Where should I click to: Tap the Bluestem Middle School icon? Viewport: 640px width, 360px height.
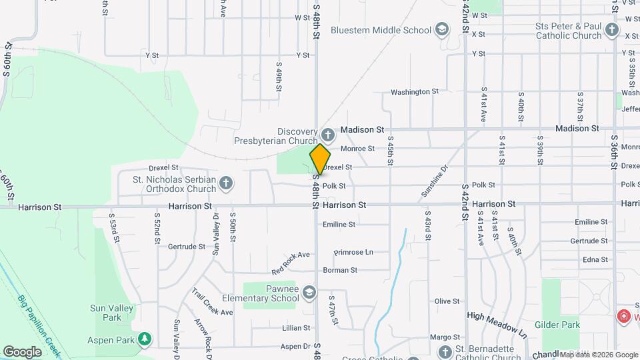[x=441, y=29]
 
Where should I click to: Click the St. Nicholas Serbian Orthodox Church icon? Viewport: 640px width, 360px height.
[x=226, y=183]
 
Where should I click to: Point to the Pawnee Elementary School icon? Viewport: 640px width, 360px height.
[x=309, y=292]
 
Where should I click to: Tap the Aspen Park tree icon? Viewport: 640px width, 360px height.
[x=144, y=339]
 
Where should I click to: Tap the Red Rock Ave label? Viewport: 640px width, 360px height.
[x=291, y=263]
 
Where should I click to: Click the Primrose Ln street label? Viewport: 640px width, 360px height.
[x=353, y=252]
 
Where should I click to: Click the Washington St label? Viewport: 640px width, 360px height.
[x=414, y=91]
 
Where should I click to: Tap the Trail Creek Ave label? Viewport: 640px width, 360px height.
[x=213, y=302]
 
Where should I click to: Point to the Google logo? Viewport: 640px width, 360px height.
[x=22, y=351]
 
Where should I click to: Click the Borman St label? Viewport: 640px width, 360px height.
[x=340, y=270]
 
